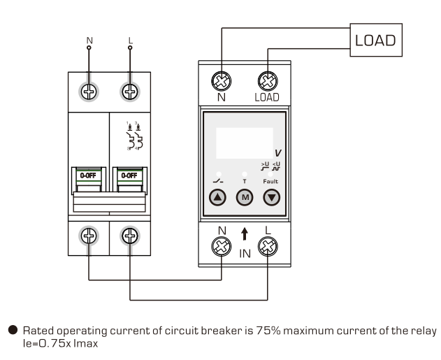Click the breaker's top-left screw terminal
pos(89,91)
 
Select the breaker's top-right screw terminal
pos(129,91)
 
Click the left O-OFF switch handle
pos(88,177)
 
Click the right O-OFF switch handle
pos(128,177)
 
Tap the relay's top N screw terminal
pos(222,80)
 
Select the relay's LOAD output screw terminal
pos(266,80)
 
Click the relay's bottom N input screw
pos(222,246)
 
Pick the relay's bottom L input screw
pos(266,246)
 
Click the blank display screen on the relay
pos(244,143)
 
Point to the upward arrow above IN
pos(244,236)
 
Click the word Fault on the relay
pos(270,180)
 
